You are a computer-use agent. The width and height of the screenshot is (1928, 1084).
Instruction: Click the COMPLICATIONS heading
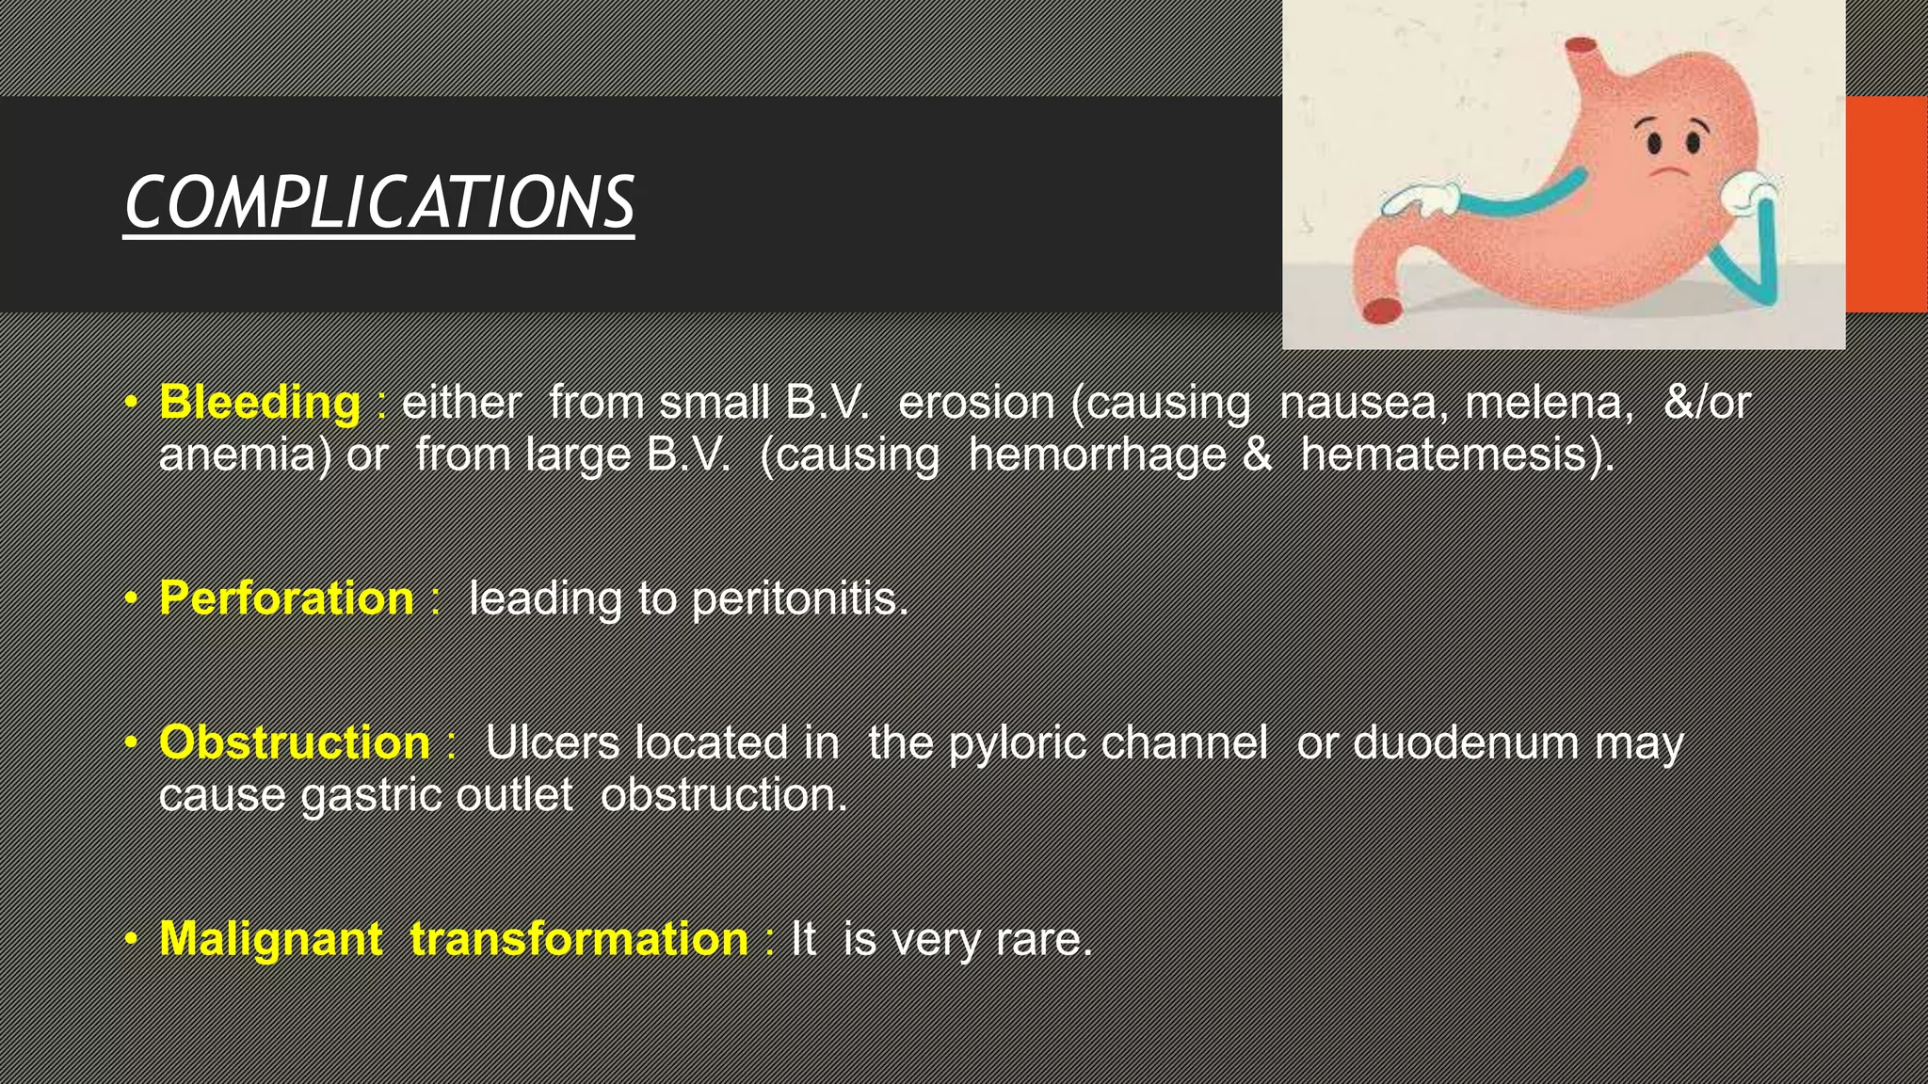coord(378,202)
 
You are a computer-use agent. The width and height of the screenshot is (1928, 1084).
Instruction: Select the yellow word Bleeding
coord(259,403)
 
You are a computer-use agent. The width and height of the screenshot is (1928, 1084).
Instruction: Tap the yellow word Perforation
coord(286,598)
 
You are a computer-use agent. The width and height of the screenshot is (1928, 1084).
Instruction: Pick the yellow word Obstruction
coord(295,742)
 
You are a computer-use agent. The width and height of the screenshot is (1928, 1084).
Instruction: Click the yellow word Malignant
coord(271,939)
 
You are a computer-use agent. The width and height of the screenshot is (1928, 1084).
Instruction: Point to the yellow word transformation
coord(579,939)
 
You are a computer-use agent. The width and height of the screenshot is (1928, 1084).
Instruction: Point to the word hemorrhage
coord(1097,454)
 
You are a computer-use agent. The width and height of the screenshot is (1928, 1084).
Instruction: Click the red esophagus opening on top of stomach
coord(1580,45)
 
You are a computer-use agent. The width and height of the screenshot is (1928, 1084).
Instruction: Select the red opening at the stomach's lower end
coord(1382,310)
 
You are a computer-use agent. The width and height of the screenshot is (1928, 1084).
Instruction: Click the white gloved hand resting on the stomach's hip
coord(1422,199)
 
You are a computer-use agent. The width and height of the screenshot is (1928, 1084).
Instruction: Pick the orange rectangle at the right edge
coord(1886,204)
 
